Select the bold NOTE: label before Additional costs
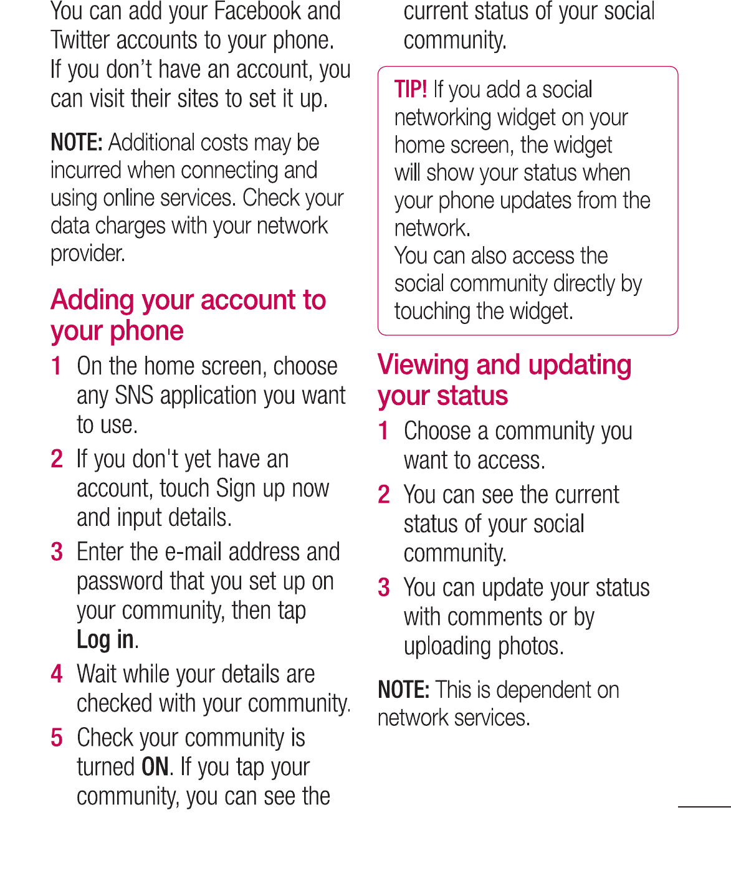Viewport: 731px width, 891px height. click(76, 143)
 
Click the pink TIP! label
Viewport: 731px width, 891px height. click(411, 90)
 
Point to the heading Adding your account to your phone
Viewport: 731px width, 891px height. click(188, 315)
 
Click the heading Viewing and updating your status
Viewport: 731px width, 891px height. click(504, 380)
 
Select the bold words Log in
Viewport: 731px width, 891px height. click(105, 640)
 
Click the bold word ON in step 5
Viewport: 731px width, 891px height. click(155, 767)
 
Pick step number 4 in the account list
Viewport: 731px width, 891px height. click(57, 674)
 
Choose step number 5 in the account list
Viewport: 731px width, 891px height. click(57, 738)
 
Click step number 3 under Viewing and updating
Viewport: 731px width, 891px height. click(384, 588)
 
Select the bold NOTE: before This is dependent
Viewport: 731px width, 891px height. click(403, 690)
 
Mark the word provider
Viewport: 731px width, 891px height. click(88, 254)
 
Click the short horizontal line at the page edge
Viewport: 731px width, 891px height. click(704, 807)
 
